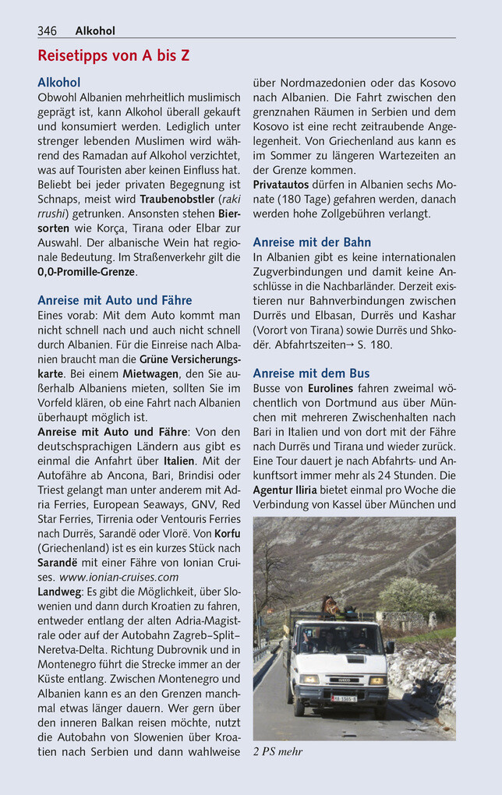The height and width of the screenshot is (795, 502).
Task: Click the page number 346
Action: pos(47,31)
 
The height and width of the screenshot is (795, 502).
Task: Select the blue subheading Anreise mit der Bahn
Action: pos(312,242)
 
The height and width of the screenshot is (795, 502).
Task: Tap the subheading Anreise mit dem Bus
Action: pos(311,373)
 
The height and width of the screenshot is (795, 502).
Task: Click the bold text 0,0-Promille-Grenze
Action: pos(87,272)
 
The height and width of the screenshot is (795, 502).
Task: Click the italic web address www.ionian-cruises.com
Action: pos(118,578)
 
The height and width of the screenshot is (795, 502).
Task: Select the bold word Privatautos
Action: pos(281,185)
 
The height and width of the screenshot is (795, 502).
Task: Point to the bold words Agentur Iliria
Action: pos(285,490)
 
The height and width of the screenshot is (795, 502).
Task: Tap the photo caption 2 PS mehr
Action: pos(278,751)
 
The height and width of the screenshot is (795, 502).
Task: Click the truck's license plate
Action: pos(343,698)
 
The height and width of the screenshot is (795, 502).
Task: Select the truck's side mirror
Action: pos(390,647)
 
